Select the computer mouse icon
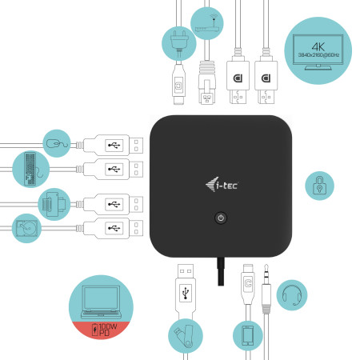coord(55,143)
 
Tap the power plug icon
coord(177,39)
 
